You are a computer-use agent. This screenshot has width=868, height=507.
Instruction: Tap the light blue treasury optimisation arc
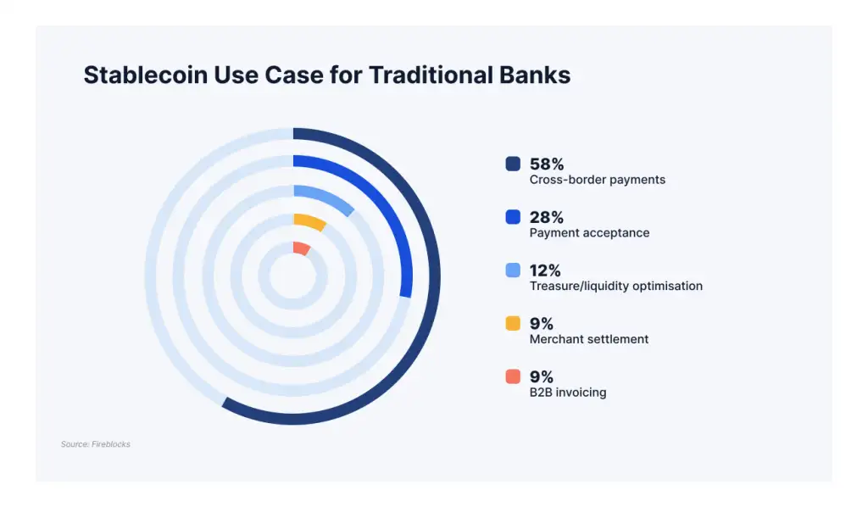[326, 196]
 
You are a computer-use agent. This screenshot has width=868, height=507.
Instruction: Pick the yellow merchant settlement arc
[311, 220]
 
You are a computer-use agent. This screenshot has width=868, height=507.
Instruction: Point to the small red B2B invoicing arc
[302, 248]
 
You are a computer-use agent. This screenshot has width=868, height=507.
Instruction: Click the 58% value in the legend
[547, 164]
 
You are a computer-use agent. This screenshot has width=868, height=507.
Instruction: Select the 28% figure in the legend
[547, 217]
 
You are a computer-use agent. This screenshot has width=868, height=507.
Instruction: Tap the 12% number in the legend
[545, 270]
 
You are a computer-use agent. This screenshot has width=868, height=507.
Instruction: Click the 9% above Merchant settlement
[542, 323]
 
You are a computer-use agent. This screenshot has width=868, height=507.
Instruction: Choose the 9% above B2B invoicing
[542, 376]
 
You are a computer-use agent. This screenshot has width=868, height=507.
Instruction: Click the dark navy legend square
[513, 164]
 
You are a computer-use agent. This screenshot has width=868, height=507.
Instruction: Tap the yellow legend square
[513, 323]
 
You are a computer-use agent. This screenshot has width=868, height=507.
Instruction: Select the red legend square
[513, 376]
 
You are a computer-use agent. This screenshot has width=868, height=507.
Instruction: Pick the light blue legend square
[513, 270]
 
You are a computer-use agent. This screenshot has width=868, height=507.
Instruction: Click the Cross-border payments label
[598, 180]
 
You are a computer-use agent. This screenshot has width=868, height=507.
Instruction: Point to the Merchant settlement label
[589, 339]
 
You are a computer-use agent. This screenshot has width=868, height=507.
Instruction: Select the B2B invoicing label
[568, 393]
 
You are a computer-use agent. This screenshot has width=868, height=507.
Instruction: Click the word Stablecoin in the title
[146, 75]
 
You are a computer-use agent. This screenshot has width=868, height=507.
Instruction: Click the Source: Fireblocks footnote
[96, 444]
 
